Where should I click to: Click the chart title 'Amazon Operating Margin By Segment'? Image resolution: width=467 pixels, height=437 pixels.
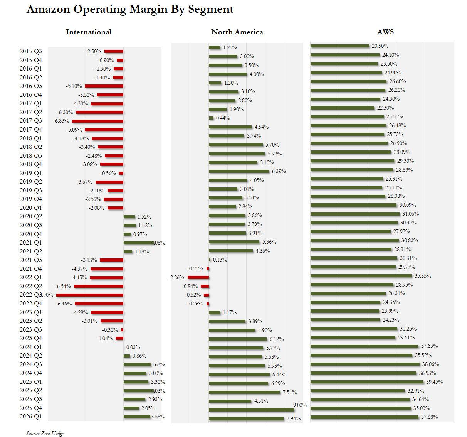[130, 9]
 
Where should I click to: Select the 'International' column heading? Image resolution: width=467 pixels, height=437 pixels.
[89, 32]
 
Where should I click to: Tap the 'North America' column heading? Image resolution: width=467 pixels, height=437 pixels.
[237, 32]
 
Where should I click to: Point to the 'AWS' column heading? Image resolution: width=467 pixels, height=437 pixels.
[385, 32]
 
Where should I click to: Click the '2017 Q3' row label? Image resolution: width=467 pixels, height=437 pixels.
[31, 121]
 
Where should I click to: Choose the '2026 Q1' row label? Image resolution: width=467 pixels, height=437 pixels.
[31, 417]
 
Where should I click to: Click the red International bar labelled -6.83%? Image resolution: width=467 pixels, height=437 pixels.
[97, 121]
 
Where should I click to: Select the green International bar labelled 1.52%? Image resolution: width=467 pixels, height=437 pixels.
[129, 217]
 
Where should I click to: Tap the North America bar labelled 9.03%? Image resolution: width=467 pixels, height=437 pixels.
[251, 410]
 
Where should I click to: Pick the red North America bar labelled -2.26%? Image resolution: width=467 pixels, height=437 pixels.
[198, 277]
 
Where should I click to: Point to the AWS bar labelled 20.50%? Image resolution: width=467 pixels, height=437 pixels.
[339, 46]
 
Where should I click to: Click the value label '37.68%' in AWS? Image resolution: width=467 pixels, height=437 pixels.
[429, 417]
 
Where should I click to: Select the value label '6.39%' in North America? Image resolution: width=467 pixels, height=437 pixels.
[279, 171]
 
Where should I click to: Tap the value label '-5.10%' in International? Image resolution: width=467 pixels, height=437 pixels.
[73, 86]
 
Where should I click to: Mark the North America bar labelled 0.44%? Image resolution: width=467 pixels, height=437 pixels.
[211, 118]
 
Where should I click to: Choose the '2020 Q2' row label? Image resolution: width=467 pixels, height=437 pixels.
[31, 217]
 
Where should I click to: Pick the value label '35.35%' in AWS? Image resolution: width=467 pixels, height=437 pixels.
[423, 276]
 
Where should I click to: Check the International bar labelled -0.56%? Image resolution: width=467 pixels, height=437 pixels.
[121, 173]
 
